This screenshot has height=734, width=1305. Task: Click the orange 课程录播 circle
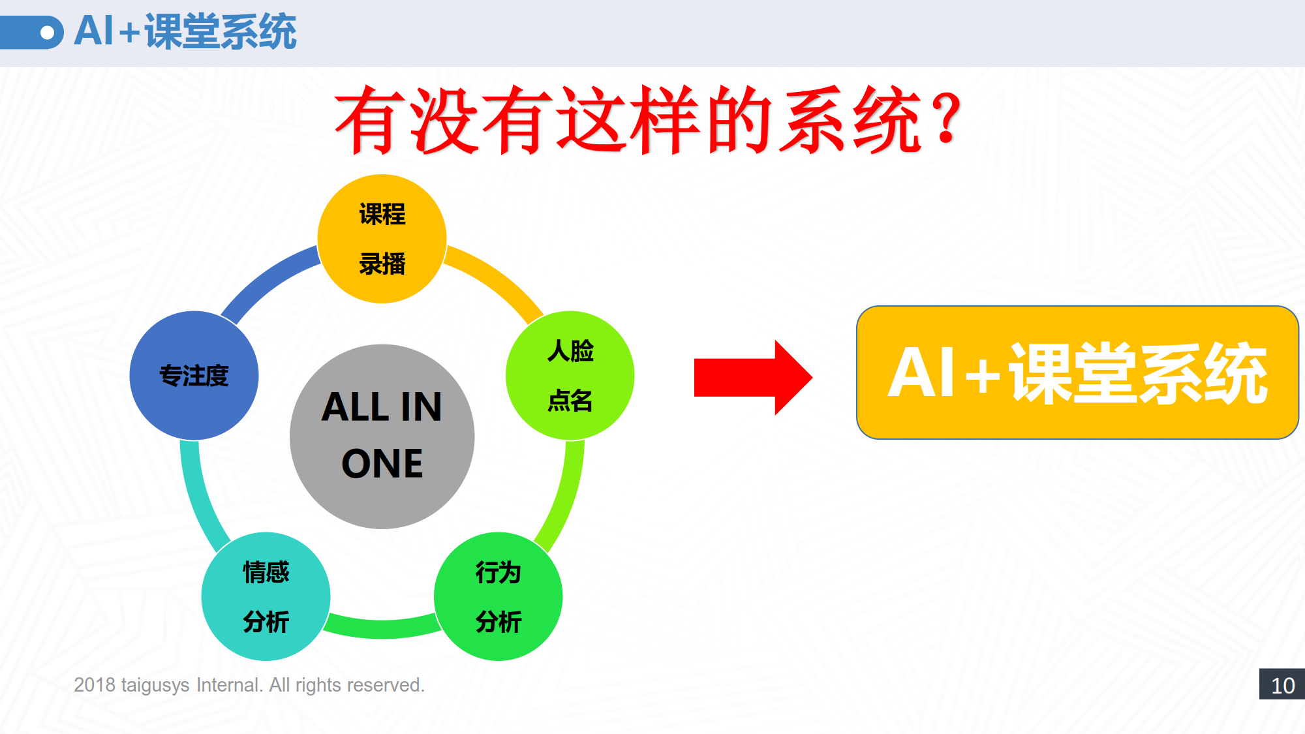point(382,239)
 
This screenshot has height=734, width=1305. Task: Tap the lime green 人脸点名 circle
point(570,375)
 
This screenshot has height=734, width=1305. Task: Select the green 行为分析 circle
point(498,596)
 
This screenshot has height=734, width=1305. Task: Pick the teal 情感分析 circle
point(266,596)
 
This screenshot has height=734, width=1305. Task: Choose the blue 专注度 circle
point(194,375)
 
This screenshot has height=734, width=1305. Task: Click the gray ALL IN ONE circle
point(382,436)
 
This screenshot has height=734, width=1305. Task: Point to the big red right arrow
point(753,377)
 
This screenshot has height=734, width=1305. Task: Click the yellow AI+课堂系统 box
point(1077,373)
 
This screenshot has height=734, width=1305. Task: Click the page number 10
point(1283,685)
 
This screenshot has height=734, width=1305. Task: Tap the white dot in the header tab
point(47,33)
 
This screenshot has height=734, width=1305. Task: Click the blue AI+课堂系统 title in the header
point(185,31)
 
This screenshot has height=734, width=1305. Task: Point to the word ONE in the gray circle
point(382,463)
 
